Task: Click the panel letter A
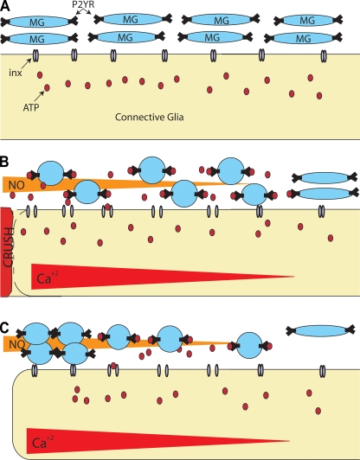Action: tap(4, 6)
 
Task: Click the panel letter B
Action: tap(3, 163)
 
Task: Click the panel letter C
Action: tap(4, 328)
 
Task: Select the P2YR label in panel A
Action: tap(83, 5)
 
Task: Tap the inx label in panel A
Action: tap(16, 73)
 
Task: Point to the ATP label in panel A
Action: tap(31, 108)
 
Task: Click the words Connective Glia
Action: tap(149, 117)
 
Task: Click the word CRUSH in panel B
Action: tap(9, 247)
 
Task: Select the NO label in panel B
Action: tap(16, 185)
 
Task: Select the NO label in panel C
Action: tap(16, 344)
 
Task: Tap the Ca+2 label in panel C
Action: tap(43, 443)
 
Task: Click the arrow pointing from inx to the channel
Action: tap(27, 63)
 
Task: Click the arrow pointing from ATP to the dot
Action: tap(39, 96)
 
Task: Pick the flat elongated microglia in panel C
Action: tap(321, 330)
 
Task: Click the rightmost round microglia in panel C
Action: tap(249, 345)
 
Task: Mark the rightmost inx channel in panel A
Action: tap(324, 55)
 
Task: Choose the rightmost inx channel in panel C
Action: tap(323, 371)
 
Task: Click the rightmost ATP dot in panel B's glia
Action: tap(331, 238)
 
